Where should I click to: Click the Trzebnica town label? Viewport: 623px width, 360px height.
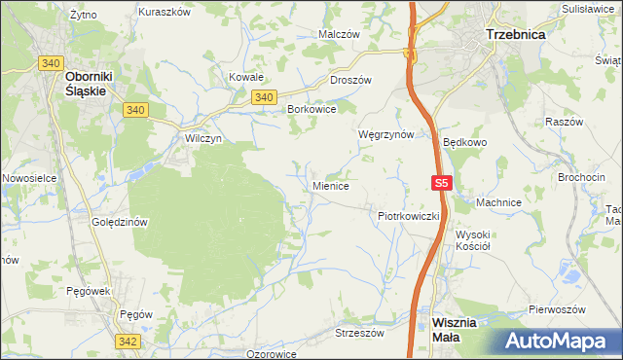tap(515, 33)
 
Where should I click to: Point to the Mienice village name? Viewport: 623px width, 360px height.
tap(331, 185)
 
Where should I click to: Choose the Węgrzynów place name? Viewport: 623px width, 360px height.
tap(386, 134)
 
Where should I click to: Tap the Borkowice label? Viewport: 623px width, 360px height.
tap(311, 110)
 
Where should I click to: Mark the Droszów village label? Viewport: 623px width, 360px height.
tap(353, 81)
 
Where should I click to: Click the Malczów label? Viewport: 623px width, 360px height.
tap(340, 33)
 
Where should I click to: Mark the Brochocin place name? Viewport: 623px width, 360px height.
tap(582, 177)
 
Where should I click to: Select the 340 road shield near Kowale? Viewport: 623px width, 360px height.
tap(263, 97)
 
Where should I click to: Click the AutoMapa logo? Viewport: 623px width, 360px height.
tap(560, 342)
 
